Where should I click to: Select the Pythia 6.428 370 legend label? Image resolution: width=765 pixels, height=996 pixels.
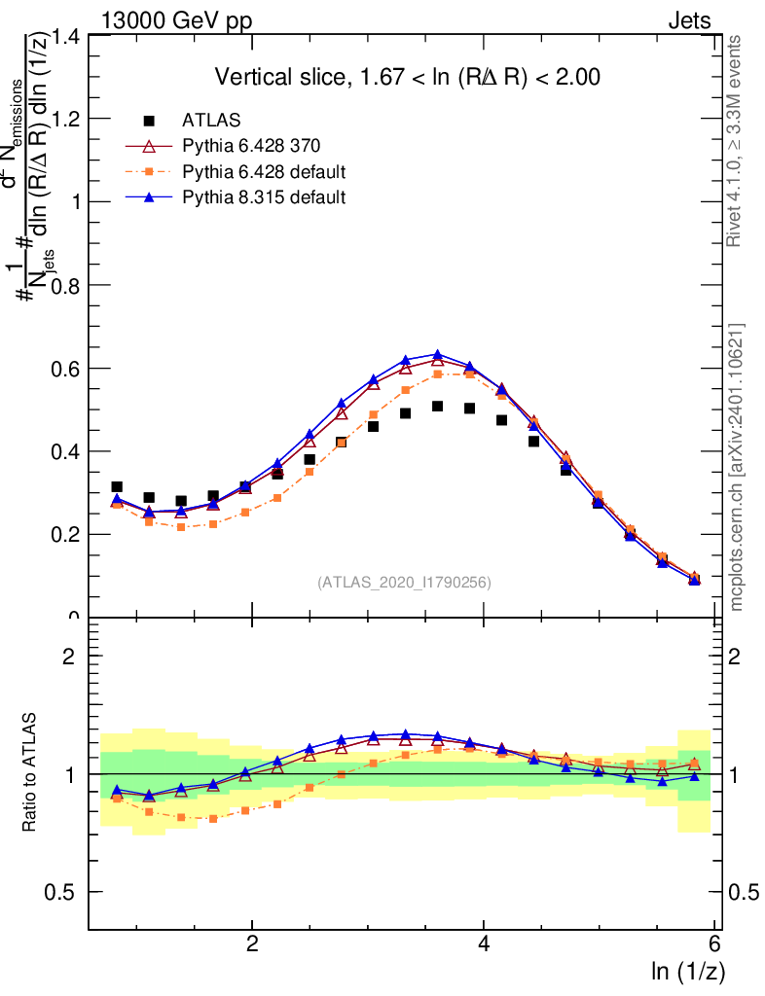point(252,146)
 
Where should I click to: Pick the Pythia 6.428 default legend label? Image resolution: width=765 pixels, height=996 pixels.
point(264,172)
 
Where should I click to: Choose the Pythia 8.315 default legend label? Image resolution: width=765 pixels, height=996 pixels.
point(264,197)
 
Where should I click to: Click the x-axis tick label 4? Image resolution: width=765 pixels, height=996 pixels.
point(484,943)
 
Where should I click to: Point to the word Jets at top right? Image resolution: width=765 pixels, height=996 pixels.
point(689,20)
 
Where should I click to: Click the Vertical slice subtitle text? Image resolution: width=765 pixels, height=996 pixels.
point(401,78)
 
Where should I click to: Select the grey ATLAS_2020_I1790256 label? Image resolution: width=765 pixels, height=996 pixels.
point(403,583)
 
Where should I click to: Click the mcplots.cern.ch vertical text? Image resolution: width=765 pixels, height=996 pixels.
point(737,467)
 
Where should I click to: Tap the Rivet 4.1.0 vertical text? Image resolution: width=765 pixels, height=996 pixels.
point(737,141)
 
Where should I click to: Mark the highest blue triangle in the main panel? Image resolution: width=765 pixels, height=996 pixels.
point(437,355)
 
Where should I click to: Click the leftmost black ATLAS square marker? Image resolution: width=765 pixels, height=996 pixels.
point(117,487)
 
